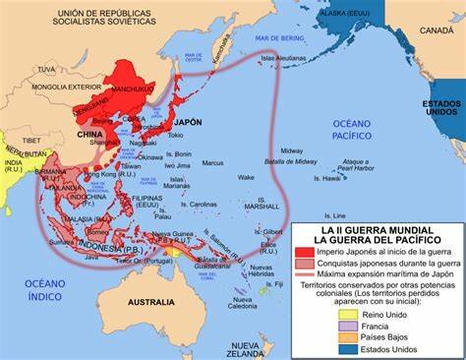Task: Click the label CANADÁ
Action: click(436, 30)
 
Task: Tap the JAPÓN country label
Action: click(187, 123)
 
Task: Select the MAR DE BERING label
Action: click(278, 37)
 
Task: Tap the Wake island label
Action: click(246, 178)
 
